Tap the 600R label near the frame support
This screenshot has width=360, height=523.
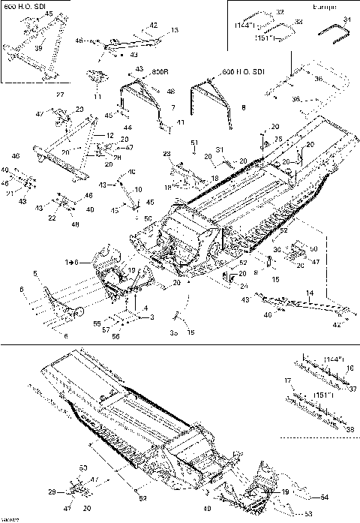159,71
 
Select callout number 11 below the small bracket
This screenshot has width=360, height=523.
97,98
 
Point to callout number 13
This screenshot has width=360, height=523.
175,30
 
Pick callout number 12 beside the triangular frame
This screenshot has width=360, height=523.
109,135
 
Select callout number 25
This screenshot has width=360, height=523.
277,140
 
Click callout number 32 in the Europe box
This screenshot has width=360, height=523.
280,13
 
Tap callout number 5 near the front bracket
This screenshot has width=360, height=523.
34,272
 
